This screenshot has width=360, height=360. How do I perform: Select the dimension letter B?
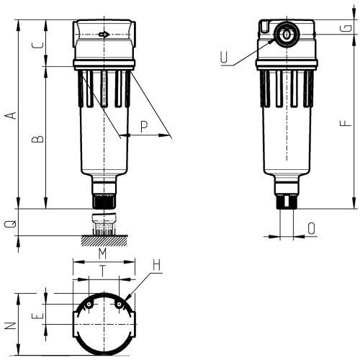tap(40, 138)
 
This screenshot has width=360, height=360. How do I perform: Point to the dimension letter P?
tap(144, 126)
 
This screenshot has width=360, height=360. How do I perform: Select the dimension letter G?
tap(348, 28)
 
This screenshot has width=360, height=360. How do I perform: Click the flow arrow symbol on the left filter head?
tap(104, 33)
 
